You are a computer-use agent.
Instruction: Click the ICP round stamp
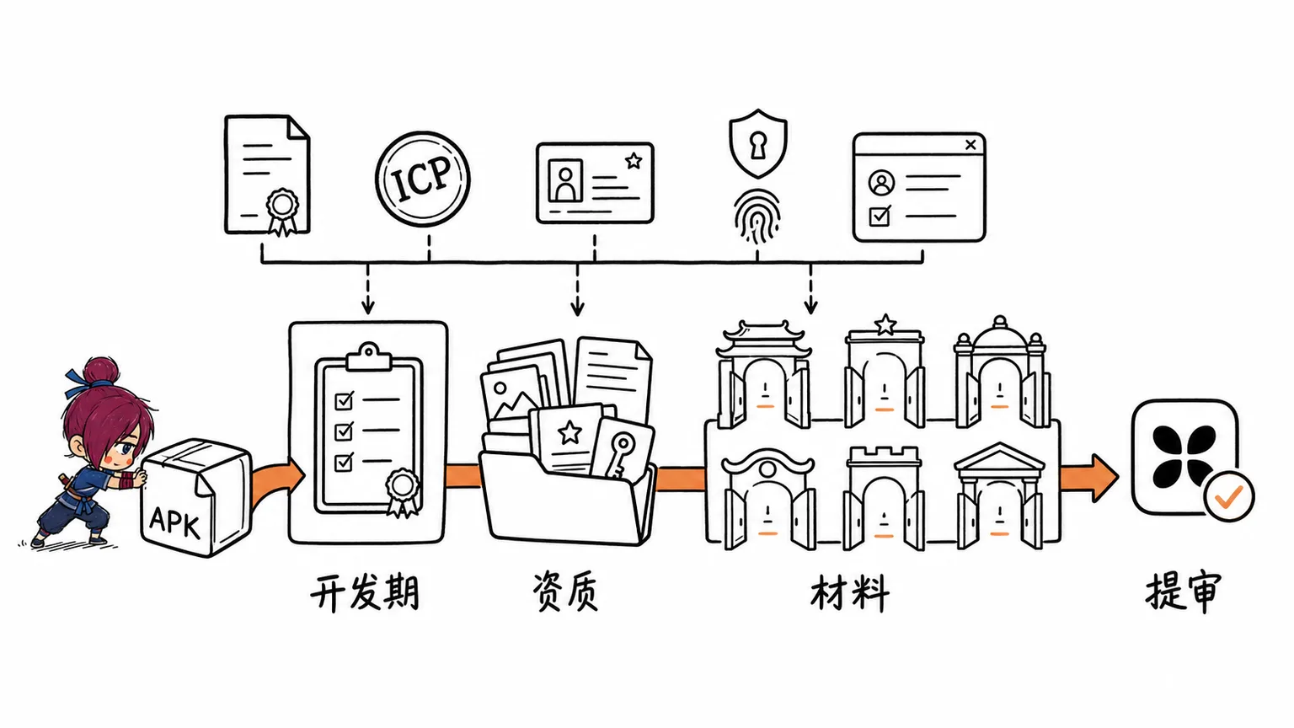(x=423, y=179)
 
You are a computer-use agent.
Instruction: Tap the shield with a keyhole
(x=758, y=143)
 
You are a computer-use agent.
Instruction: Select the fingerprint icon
(x=757, y=217)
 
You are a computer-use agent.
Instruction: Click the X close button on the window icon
(x=970, y=144)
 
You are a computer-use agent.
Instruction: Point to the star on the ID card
(x=634, y=160)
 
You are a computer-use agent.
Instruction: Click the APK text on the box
(x=174, y=522)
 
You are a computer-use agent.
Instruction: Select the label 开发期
(x=365, y=591)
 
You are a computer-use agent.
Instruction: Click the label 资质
(x=565, y=591)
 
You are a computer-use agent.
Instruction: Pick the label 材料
(x=850, y=593)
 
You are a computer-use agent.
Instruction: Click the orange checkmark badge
(x=1229, y=496)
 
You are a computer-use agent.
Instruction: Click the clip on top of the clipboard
(x=368, y=356)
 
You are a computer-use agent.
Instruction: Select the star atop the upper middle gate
(x=885, y=324)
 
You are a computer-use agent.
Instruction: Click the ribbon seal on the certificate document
(x=282, y=211)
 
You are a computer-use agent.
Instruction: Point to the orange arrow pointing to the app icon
(x=1089, y=478)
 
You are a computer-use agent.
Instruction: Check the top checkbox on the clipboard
(x=345, y=400)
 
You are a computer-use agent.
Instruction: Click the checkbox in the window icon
(x=880, y=216)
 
